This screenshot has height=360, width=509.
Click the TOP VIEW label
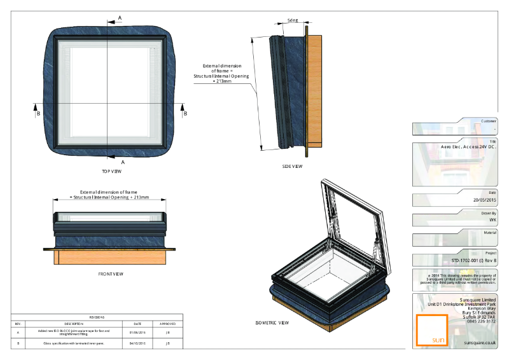111,172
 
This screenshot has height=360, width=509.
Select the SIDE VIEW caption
292,167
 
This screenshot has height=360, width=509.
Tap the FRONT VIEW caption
111,274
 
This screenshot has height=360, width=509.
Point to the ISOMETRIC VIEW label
272,322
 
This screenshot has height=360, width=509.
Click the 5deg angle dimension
293,20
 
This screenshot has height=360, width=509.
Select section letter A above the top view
120,18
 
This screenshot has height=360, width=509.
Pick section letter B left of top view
38,113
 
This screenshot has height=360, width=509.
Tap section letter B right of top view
185,113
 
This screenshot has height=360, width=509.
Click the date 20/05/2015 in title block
483,199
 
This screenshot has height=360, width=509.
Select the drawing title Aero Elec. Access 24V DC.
468,146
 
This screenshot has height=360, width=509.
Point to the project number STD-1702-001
473,261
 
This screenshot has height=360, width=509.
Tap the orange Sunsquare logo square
430,329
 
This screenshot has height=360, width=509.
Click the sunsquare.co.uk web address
480,342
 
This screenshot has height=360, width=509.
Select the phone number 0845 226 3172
481,321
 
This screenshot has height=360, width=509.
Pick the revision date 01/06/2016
137,331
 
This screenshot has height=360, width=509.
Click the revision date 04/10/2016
137,343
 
